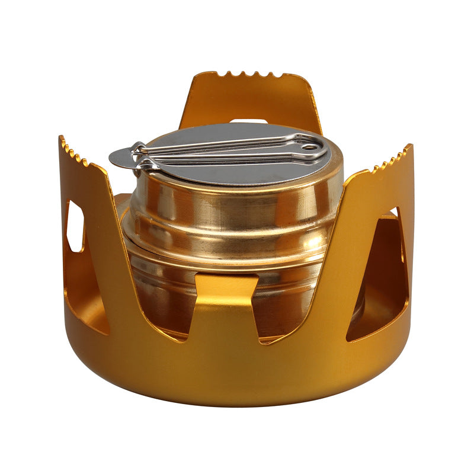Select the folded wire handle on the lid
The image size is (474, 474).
click(231, 150)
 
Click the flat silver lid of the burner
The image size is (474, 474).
click(237, 169)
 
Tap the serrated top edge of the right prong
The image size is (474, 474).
click(391, 159)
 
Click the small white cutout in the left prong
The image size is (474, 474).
click(75, 226)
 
